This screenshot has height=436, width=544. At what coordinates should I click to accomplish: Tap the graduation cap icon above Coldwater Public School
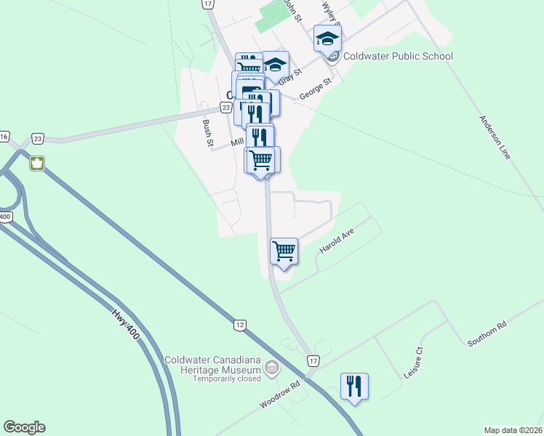click(327, 39)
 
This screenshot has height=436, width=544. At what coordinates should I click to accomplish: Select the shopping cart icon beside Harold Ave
click(284, 251)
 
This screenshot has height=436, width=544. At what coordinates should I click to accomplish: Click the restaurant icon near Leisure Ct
click(354, 386)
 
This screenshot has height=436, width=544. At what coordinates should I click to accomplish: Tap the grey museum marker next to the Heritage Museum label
click(272, 368)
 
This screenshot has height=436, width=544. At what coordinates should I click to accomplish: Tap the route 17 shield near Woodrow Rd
click(313, 360)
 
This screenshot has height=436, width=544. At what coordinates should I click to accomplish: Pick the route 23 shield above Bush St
click(226, 108)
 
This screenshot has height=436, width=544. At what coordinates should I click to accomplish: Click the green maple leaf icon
click(36, 163)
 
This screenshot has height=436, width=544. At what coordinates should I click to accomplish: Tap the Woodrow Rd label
click(279, 396)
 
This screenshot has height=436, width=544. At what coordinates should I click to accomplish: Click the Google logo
click(24, 427)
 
